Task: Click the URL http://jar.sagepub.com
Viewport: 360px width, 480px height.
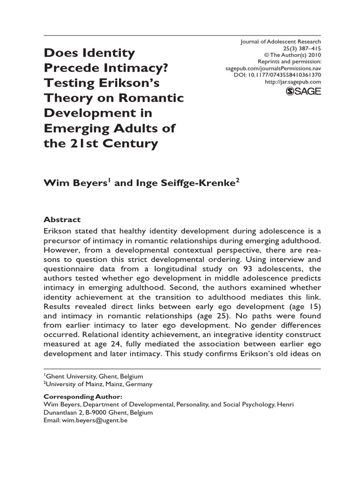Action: coord(293,82)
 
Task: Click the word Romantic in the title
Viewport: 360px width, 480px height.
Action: coord(156,98)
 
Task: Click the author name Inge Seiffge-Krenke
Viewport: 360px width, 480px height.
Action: coord(180,183)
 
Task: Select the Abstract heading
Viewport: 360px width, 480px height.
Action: coord(62,219)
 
